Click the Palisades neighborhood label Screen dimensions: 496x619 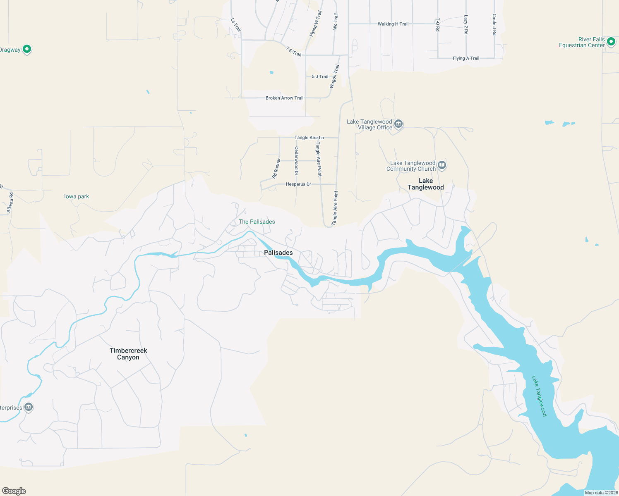pos(278,253)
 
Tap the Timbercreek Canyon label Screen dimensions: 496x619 pos(128,354)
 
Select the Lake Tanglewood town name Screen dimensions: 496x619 pos(425,184)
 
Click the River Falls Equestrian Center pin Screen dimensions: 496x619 pos(611,42)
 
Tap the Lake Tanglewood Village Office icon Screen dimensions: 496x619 pos(398,124)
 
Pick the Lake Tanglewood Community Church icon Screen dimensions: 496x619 pos(442,166)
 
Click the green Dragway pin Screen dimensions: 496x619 pos(27,49)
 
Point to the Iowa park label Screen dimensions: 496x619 pos(77,197)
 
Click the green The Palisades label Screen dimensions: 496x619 pos(257,222)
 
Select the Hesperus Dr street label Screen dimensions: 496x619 pos(298,184)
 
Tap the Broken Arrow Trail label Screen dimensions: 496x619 pos(284,98)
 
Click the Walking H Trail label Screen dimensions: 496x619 pos(393,24)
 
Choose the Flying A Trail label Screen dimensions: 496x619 pos(466,58)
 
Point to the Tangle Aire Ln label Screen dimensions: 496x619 pos(309,138)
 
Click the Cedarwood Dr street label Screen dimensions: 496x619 pos(296,160)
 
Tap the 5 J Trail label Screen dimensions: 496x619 pos(320,76)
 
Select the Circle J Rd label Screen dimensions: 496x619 pos(494,24)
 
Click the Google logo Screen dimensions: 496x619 pos(14,491)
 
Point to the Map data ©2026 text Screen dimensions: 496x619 pos(601,493)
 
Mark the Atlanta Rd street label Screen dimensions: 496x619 pos(10,203)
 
